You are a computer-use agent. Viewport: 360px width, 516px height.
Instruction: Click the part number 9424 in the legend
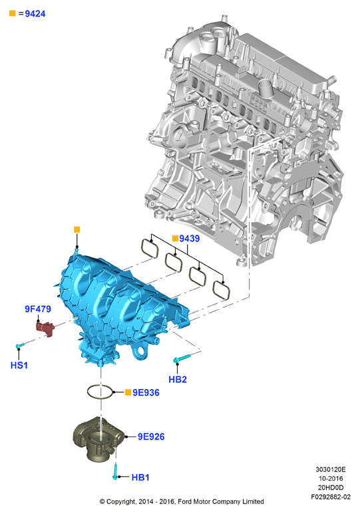coord(35,13)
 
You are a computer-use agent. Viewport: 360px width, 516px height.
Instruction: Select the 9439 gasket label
coord(190,238)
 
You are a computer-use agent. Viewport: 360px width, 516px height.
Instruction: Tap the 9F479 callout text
coord(38,309)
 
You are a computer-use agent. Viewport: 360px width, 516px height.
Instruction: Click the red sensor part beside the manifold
coord(45,328)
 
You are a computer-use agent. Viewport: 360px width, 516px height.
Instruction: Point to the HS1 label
coord(19,365)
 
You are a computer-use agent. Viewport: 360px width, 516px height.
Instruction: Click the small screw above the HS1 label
coord(20,346)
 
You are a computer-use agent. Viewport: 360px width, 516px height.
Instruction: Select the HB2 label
coord(178,379)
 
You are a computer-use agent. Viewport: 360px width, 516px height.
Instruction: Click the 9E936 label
coord(146,392)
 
